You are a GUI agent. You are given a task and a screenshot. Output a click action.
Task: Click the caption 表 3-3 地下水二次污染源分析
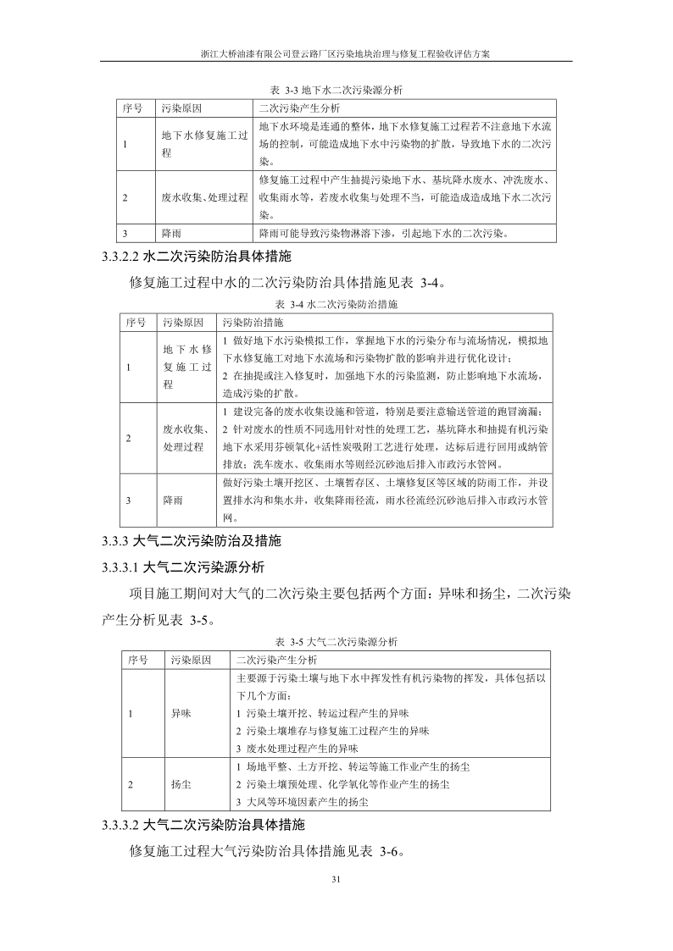pyautogui.click(x=336, y=89)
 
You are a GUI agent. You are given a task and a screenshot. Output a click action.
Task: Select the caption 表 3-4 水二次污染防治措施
pyautogui.click(x=336, y=302)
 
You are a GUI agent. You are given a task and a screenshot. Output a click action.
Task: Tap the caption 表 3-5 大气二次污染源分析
pyautogui.click(x=336, y=641)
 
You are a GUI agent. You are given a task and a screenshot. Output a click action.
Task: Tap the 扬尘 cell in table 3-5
pyautogui.click(x=181, y=784)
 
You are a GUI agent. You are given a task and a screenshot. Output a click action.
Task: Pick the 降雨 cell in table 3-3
pyautogui.click(x=171, y=233)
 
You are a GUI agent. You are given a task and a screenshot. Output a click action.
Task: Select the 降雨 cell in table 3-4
pyautogui.click(x=172, y=500)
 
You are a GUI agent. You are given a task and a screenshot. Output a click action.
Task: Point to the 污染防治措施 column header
pyautogui.click(x=253, y=323)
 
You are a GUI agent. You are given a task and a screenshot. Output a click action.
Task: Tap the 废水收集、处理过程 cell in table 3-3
pyautogui.click(x=204, y=197)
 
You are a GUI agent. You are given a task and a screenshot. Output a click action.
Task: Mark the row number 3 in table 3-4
pyautogui.click(x=128, y=500)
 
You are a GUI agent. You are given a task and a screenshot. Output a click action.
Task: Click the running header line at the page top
pyautogui.click(x=336, y=53)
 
